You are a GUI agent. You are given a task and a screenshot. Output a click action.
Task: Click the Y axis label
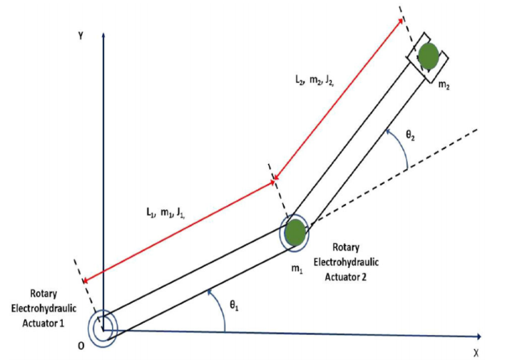[81, 36]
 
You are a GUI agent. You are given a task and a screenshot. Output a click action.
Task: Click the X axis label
[476, 352]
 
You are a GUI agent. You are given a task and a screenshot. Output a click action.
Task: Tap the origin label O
[81, 346]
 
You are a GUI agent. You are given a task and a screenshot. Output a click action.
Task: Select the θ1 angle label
[234, 306]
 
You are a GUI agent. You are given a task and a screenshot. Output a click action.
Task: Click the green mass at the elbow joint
[295, 232]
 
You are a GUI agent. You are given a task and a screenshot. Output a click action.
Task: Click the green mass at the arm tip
[429, 56]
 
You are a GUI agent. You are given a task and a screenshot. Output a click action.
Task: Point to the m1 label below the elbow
[297, 269]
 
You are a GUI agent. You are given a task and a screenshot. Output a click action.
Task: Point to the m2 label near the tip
[444, 85]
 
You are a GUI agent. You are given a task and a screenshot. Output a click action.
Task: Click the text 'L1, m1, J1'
[165, 213]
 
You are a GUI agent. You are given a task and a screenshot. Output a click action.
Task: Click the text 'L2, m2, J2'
[315, 81]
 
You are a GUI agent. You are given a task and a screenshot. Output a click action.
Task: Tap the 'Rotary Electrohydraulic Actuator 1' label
[43, 308]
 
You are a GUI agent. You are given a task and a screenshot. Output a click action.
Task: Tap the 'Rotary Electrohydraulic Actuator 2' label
[346, 262]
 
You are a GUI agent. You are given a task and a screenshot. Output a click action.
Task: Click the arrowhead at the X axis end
[478, 336]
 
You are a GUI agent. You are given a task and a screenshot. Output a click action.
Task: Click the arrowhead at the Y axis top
[103, 35]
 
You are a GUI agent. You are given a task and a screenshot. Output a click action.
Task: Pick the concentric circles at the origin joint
[103, 329]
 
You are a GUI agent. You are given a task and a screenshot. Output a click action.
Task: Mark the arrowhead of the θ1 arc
[209, 292]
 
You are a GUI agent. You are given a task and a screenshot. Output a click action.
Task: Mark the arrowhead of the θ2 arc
[389, 132]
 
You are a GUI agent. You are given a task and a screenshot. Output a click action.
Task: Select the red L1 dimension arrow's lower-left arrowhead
[85, 281]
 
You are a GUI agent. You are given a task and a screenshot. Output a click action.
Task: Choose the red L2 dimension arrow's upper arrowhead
[400, 21]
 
